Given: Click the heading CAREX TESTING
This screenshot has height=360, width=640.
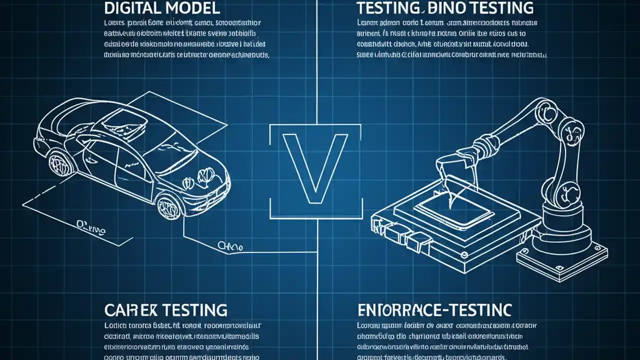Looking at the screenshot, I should [x=165, y=309].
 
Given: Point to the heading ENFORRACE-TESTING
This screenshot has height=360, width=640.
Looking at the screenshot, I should [x=434, y=309].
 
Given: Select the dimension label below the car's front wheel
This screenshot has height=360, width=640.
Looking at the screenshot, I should [x=230, y=246].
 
